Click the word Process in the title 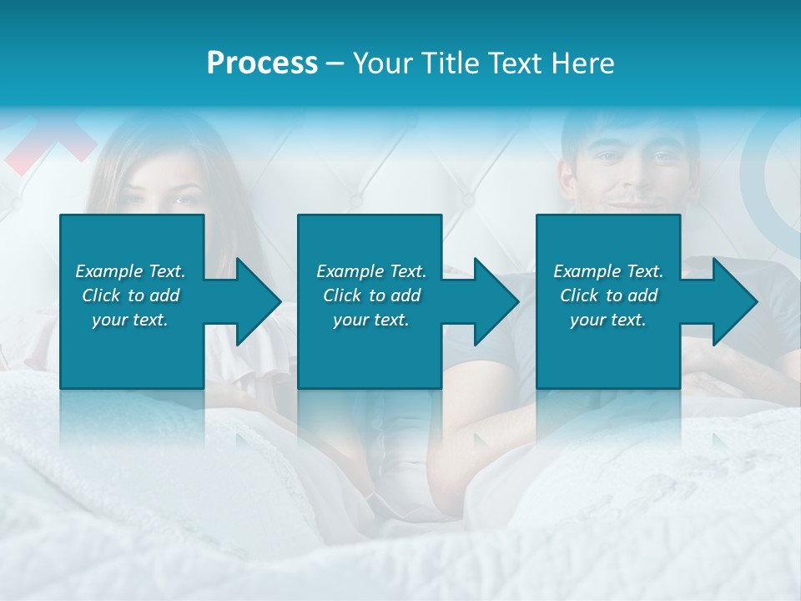coord(262,63)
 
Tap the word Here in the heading coord(582,63)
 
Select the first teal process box coord(132,351)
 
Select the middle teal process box coord(370,351)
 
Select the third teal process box coord(607,351)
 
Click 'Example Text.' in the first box coord(130,271)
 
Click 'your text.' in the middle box coord(370,320)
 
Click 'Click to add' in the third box coord(608,295)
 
